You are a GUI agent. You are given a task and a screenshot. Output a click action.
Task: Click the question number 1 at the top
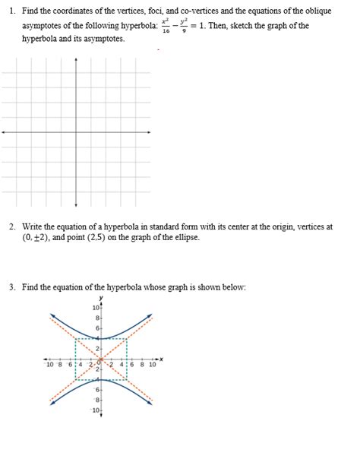13,11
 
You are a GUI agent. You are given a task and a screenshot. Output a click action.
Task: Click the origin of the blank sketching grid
76,131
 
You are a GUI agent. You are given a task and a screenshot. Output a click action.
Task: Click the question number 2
13,226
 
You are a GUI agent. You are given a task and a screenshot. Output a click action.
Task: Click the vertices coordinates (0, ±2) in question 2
37,238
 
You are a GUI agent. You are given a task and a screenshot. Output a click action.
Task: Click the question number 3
13,287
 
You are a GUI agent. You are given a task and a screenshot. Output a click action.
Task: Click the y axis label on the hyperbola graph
100,298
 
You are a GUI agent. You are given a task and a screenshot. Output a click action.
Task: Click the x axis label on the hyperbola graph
162,359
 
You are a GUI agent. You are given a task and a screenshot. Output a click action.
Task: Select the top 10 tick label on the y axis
96,308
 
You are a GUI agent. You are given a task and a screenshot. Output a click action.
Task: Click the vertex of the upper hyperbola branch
101,338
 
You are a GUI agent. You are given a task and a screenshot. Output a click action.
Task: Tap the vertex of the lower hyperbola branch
101,379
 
